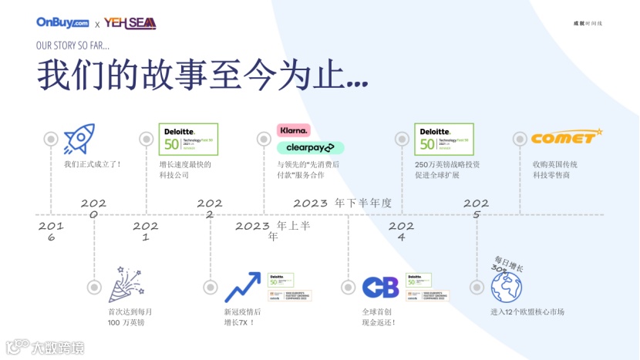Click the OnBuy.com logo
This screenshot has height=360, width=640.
62,23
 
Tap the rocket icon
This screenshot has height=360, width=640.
79,139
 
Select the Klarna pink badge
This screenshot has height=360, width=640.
294,130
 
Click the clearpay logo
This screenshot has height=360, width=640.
310,147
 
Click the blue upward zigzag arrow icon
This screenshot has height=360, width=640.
242,288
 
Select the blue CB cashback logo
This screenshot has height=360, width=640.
381,288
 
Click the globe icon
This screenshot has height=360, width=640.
508,286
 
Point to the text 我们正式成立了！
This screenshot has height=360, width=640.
93,164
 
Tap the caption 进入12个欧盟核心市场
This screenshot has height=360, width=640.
527,312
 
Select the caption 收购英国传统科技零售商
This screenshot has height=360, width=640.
554,170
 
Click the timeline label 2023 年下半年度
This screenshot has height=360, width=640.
342,203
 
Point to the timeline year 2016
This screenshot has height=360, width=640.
51,231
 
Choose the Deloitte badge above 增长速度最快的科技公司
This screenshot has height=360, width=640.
183,140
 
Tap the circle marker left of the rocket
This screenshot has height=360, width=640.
51,139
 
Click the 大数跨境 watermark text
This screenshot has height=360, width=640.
57,347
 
